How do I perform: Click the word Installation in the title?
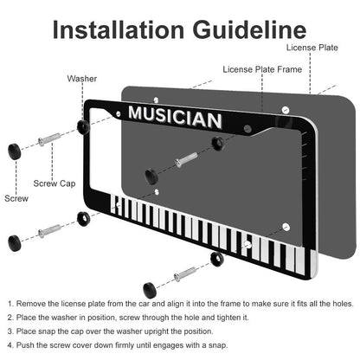(119, 30)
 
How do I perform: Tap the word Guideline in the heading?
(249, 30)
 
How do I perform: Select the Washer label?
(82, 79)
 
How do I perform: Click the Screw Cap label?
(55, 183)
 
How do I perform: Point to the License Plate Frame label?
(262, 69)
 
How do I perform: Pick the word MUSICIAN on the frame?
(175, 117)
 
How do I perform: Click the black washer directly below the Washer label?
(83, 127)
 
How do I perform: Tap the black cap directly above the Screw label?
(15, 151)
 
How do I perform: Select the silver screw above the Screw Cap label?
(49, 139)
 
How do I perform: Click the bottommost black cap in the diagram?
(150, 290)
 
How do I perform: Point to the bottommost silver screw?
(185, 274)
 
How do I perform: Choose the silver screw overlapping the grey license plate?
(186, 160)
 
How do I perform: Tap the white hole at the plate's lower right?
(286, 227)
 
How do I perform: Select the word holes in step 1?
(343, 304)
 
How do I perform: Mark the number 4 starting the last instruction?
(10, 345)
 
